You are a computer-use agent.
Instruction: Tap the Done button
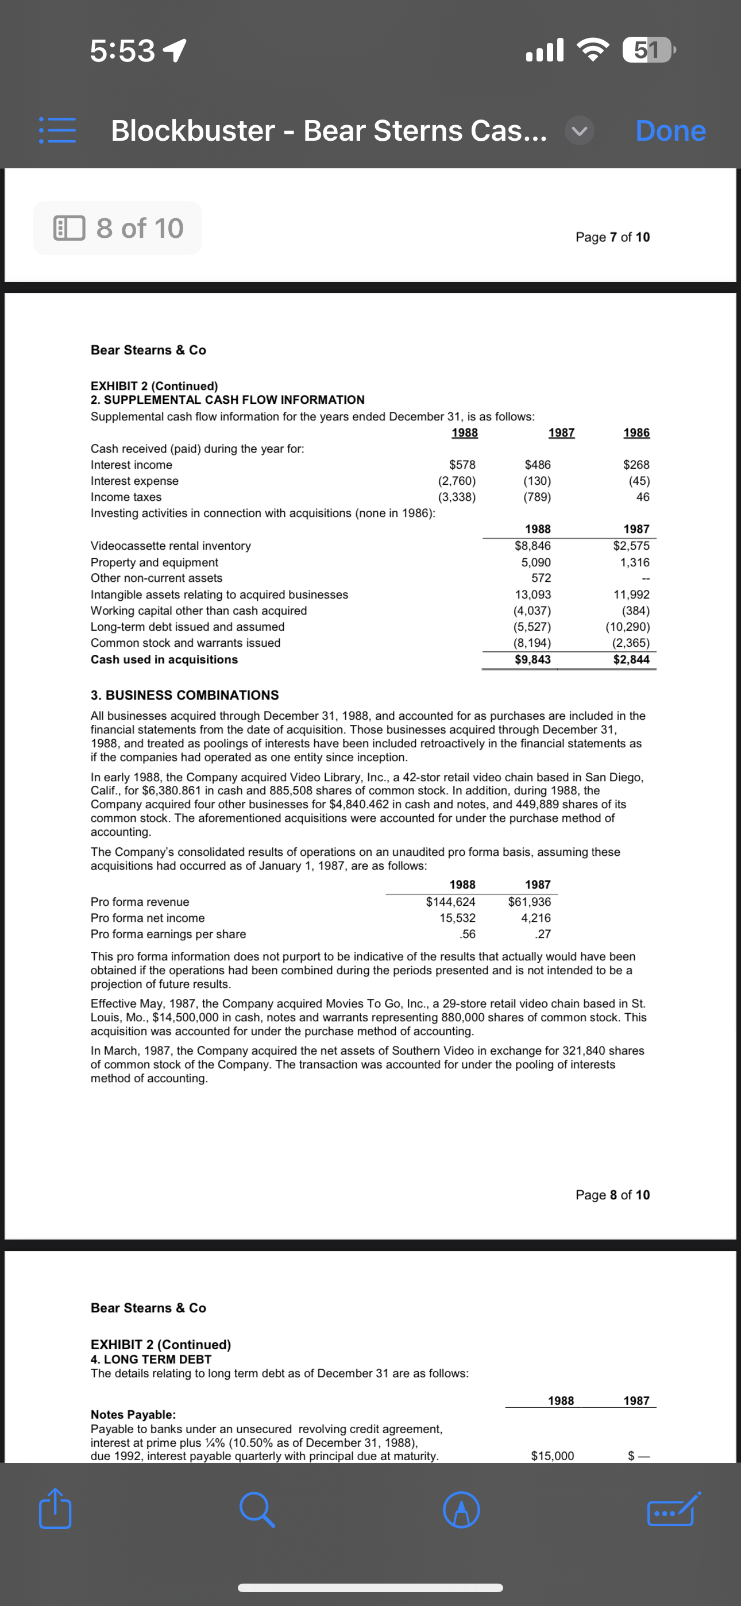pos(670,131)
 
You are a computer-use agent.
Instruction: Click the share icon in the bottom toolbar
pos(55,1509)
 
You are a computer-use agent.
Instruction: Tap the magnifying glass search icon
pos(256,1510)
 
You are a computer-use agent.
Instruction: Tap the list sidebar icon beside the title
pos(57,131)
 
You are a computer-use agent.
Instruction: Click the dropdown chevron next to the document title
pos(580,131)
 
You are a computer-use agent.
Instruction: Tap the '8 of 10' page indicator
pos(118,228)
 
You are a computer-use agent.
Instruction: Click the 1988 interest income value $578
pos(462,465)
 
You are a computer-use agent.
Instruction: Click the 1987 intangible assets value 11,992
pos(631,594)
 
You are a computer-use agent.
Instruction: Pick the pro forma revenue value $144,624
pos(450,901)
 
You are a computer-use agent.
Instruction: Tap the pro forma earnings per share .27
pos(543,934)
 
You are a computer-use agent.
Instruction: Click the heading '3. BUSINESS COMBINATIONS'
pos(184,695)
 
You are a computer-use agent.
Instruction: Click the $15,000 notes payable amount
pos(552,1456)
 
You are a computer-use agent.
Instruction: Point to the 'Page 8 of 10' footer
pos(612,1195)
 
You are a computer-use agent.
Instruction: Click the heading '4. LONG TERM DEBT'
pos(151,1359)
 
